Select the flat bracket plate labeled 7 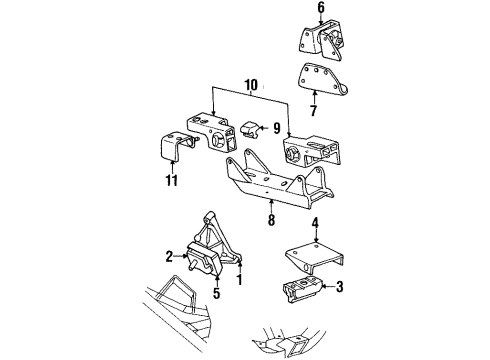click(318, 78)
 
